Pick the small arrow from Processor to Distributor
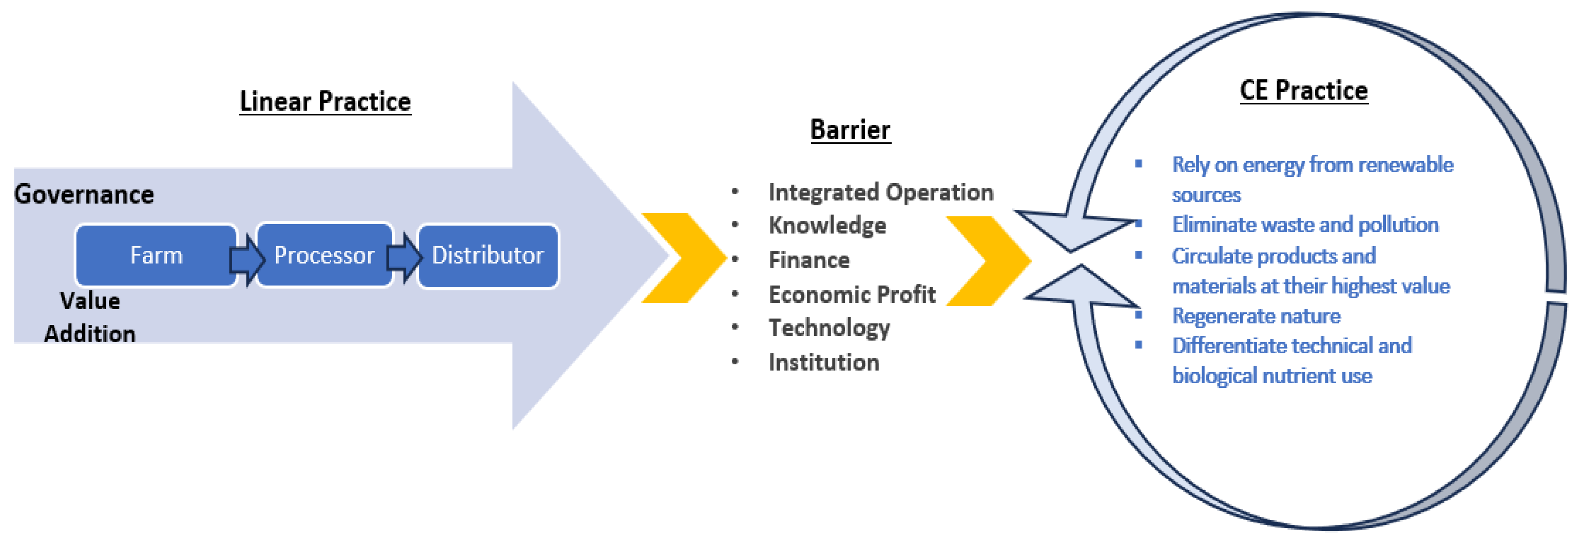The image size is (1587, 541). coord(405,258)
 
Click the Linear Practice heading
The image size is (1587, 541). coord(325,102)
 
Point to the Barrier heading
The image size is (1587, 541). coord(850,130)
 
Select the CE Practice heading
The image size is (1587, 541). coord(1304,91)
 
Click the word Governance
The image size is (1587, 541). coord(84,195)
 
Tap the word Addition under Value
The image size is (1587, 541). coord(90,334)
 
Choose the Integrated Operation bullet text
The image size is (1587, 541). coord(881,192)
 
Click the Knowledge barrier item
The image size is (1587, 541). coord(828,226)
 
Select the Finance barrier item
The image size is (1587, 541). coord(809,260)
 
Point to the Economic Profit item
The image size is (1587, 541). coord(852,295)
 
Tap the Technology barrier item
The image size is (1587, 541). coord(829,328)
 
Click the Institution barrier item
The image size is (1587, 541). coord(824,362)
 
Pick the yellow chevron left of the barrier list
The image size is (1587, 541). coord(684,258)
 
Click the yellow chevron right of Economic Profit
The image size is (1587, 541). coord(988,261)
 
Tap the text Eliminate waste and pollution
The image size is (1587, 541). coord(1305,225)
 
